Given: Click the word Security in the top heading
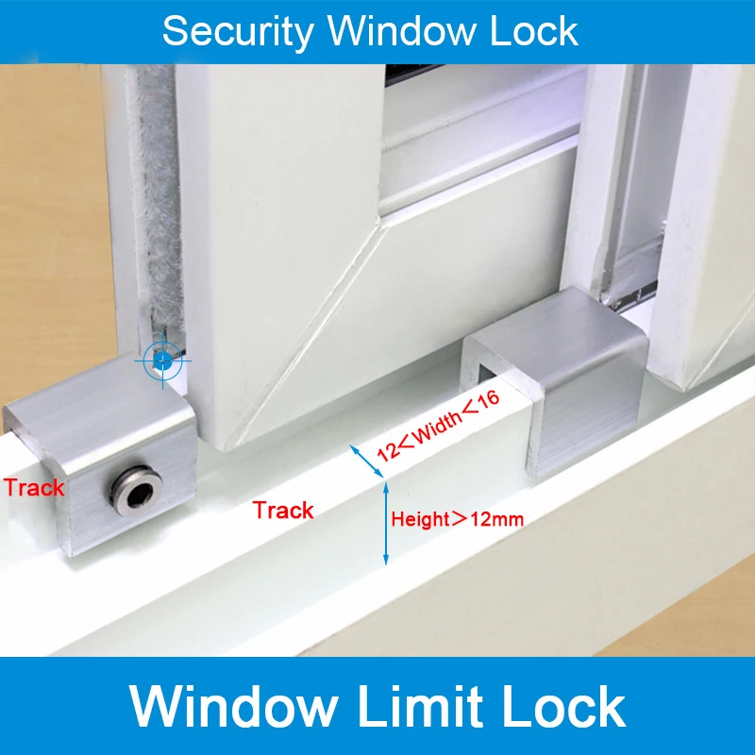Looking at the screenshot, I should click(x=237, y=31).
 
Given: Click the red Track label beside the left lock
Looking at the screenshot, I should click(x=34, y=488).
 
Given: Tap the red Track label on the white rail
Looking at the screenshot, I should click(x=283, y=511).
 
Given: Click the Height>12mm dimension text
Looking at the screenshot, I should click(x=457, y=518).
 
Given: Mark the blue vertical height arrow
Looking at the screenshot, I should click(x=385, y=524).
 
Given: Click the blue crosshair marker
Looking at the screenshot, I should click(x=162, y=360).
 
